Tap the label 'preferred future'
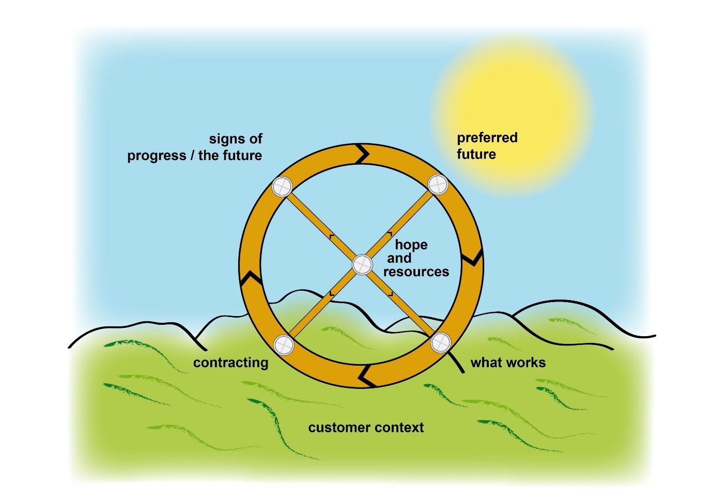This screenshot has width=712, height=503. [486, 146]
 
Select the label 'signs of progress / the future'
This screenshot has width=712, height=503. [195, 147]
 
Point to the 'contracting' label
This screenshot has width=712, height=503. [230, 363]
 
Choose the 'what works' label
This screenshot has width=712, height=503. [508, 363]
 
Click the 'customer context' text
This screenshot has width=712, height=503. [366, 428]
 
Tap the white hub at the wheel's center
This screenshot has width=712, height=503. [362, 265]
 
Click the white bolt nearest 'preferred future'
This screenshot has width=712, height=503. [438, 184]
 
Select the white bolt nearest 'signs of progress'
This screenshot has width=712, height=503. [283, 186]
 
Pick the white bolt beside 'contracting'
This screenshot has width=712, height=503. [284, 345]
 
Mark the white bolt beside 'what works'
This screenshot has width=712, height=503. [441, 342]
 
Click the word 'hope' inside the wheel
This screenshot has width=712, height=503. [411, 245]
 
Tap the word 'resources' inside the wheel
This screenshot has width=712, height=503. [416, 272]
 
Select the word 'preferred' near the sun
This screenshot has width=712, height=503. [487, 138]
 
